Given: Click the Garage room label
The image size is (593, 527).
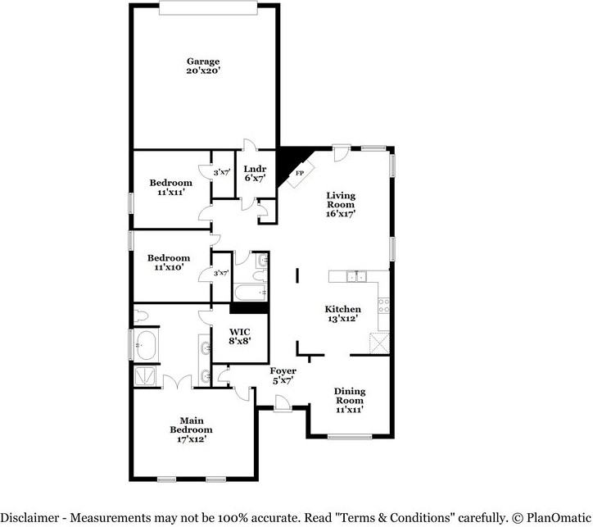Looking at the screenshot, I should pyautogui.click(x=202, y=61).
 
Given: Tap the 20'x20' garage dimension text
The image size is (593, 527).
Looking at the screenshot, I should pyautogui.click(x=202, y=71).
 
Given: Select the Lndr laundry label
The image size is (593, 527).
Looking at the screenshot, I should pyautogui.click(x=255, y=169).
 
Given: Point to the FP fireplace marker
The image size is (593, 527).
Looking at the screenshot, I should pyautogui.click(x=299, y=174).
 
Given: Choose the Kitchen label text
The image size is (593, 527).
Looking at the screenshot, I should pyautogui.click(x=344, y=309).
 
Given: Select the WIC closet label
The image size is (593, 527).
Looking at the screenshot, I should pyautogui.click(x=240, y=331).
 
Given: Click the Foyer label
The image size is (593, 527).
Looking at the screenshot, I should pyautogui.click(x=283, y=371).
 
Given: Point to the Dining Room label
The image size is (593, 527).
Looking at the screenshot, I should pyautogui.click(x=350, y=396).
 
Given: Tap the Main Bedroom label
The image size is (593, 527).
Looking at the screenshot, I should pyautogui.click(x=191, y=425).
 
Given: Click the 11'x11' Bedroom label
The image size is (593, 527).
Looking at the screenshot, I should pyautogui.click(x=170, y=187).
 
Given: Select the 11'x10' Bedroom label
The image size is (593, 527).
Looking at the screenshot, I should pyautogui.click(x=169, y=262).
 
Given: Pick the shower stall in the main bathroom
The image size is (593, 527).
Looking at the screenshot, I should pyautogui.click(x=144, y=376).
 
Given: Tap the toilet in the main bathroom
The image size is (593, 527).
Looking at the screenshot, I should pyautogui.click(x=140, y=315).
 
